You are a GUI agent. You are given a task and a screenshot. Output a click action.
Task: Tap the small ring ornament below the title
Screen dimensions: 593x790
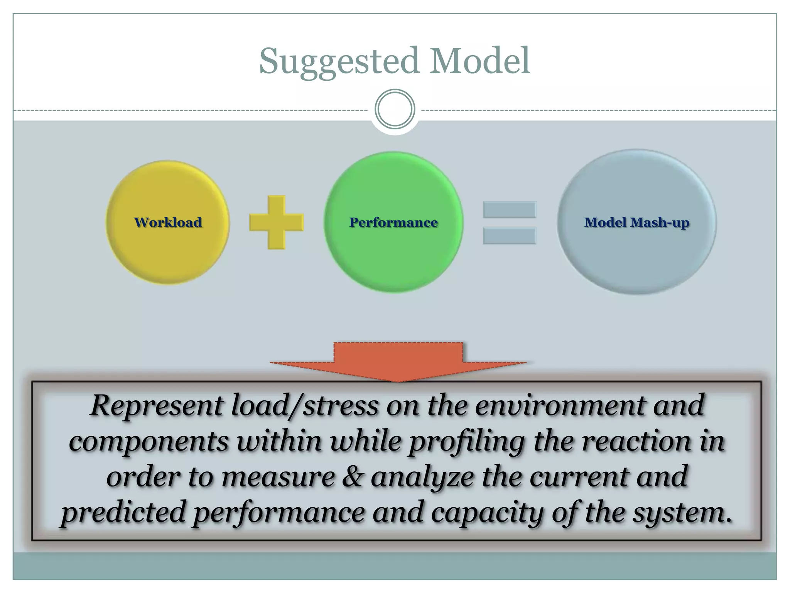coord(395,109)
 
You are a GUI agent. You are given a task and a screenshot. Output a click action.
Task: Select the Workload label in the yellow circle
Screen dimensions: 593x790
coord(168,222)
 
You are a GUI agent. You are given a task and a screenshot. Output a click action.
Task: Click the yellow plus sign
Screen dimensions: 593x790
coord(277,222)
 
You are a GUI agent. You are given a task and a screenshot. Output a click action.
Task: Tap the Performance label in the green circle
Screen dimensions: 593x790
coord(393,222)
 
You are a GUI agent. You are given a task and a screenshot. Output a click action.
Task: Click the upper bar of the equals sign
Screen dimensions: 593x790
coord(509,210)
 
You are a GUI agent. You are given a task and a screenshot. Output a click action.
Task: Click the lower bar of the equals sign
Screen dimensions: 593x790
coord(509,236)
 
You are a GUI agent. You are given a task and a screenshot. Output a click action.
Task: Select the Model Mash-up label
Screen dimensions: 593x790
coord(636,222)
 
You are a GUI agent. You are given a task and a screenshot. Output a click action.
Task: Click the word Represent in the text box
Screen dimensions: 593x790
coord(156,406)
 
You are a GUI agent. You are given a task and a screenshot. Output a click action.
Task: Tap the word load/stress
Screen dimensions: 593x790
coord(305,406)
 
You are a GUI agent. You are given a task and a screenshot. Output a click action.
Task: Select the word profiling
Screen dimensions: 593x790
coord(467,442)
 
